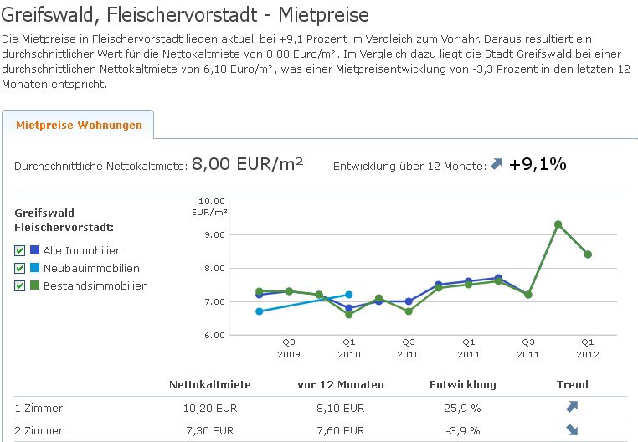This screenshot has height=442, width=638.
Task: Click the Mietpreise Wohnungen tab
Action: [x=79, y=126]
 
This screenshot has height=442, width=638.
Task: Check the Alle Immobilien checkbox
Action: [x=20, y=250]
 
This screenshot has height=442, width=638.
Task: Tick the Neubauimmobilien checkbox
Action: [x=20, y=268]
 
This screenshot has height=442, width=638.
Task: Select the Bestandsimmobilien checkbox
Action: [x=20, y=285]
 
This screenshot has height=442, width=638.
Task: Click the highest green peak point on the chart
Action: [x=558, y=224]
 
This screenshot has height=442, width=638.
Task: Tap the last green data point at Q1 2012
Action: [x=588, y=254]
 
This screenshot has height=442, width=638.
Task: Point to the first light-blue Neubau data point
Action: [x=260, y=311]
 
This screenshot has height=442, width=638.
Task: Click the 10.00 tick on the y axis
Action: [x=214, y=201]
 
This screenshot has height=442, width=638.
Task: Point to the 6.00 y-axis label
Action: [x=214, y=335]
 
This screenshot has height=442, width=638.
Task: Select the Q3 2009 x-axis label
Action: [x=288, y=347]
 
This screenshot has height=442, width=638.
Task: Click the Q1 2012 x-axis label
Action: [x=588, y=347]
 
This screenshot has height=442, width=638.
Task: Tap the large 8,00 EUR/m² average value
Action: [x=247, y=163]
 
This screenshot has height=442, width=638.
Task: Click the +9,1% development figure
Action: [x=538, y=164]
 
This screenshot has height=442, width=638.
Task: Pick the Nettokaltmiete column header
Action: [x=209, y=385]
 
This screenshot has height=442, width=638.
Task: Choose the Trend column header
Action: [x=573, y=385]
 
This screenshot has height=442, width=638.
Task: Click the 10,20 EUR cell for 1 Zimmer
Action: [x=209, y=409]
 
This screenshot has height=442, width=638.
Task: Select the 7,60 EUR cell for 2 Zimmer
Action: [x=341, y=430]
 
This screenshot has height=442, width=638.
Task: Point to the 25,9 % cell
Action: [x=462, y=409]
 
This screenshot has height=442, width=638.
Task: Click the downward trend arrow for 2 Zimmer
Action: [x=572, y=430]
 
